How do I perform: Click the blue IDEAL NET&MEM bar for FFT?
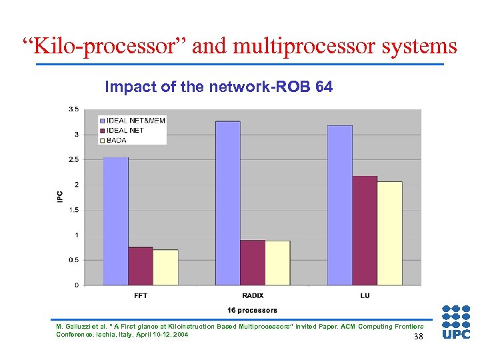[115, 221]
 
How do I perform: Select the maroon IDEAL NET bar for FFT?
[141, 266]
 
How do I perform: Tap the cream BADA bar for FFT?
[166, 267]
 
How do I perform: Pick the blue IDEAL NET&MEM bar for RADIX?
[227, 203]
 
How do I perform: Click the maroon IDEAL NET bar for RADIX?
[253, 263]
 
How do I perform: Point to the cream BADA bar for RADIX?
[277, 263]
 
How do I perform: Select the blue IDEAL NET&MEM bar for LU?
[339, 205]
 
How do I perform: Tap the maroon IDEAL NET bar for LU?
[365, 231]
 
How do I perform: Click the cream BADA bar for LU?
[390, 233]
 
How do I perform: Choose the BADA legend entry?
[117, 140]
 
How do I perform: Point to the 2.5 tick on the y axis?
[74, 159]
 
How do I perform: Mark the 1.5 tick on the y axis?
[74, 210]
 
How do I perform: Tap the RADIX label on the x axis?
[253, 295]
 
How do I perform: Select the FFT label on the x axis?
[141, 295]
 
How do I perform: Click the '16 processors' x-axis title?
[252, 310]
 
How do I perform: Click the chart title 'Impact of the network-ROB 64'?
[219, 87]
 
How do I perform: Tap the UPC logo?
[456, 322]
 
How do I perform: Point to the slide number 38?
[418, 337]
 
